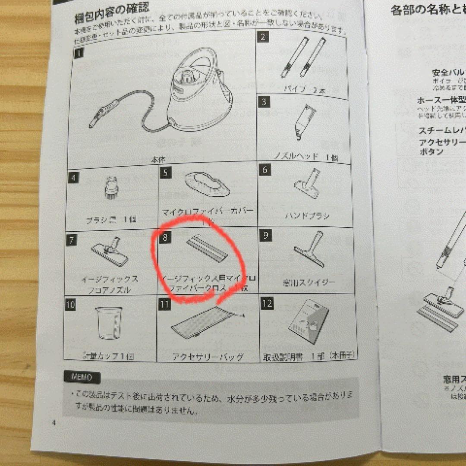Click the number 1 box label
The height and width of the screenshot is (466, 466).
click(x=79, y=54)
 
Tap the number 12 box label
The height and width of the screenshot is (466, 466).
click(x=267, y=303)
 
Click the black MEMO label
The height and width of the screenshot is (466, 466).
click(x=82, y=377)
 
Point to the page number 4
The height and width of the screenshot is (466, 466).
click(x=54, y=422)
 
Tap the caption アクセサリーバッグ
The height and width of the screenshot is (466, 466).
click(x=208, y=357)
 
